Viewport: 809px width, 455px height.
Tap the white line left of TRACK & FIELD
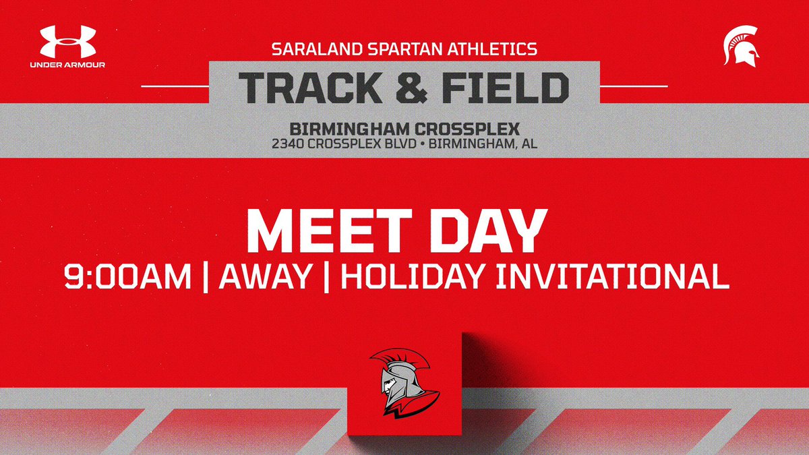click(x=175, y=86)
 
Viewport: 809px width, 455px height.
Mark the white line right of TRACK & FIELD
click(x=633, y=86)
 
